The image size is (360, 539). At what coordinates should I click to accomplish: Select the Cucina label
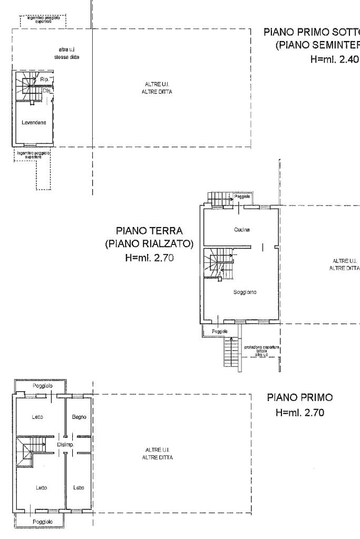tap(241, 230)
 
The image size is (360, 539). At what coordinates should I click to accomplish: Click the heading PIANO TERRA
tap(149, 231)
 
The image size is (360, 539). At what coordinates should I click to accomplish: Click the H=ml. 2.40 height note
tap(327, 59)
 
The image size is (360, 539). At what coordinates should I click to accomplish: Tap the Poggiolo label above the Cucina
tap(242, 196)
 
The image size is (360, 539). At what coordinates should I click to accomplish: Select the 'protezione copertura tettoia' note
tap(258, 351)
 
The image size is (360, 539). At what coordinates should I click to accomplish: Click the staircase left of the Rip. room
tap(25, 83)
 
